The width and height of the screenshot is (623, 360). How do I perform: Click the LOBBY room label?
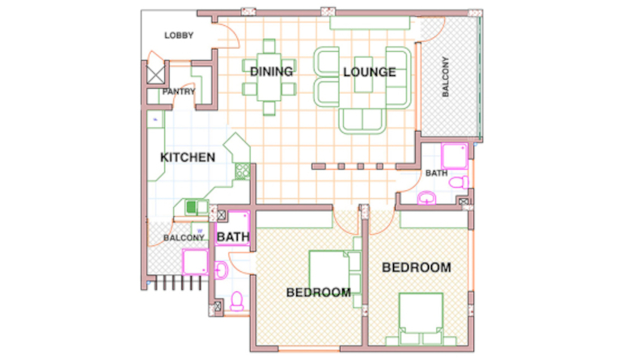point(179,36)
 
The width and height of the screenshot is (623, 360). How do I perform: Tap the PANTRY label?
point(179,91)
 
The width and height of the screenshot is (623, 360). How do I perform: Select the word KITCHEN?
point(188,158)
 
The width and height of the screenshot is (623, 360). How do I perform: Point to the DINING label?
point(271,71)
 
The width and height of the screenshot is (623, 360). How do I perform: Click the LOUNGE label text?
point(370,72)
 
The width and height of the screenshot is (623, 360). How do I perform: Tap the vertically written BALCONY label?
point(445,77)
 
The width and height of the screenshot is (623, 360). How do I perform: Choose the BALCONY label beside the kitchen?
point(184,238)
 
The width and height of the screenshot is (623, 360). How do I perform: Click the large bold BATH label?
point(233,237)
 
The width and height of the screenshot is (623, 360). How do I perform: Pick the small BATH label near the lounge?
point(436,173)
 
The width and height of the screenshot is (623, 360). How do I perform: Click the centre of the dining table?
point(269,77)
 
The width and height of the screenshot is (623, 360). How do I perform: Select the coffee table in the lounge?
point(363,74)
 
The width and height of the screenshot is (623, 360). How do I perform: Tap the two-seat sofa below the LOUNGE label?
point(362,121)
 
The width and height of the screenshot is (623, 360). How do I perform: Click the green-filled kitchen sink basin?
point(192,207)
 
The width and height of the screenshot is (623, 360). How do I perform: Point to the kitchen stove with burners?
point(243,172)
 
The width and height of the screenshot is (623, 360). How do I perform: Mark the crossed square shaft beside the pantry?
point(155,74)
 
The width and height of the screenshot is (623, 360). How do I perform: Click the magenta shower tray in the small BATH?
point(455,156)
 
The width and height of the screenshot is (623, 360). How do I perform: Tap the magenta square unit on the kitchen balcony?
point(195,262)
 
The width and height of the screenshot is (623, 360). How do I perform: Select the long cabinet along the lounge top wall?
point(370,23)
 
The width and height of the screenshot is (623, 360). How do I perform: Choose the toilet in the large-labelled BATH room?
point(237,301)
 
